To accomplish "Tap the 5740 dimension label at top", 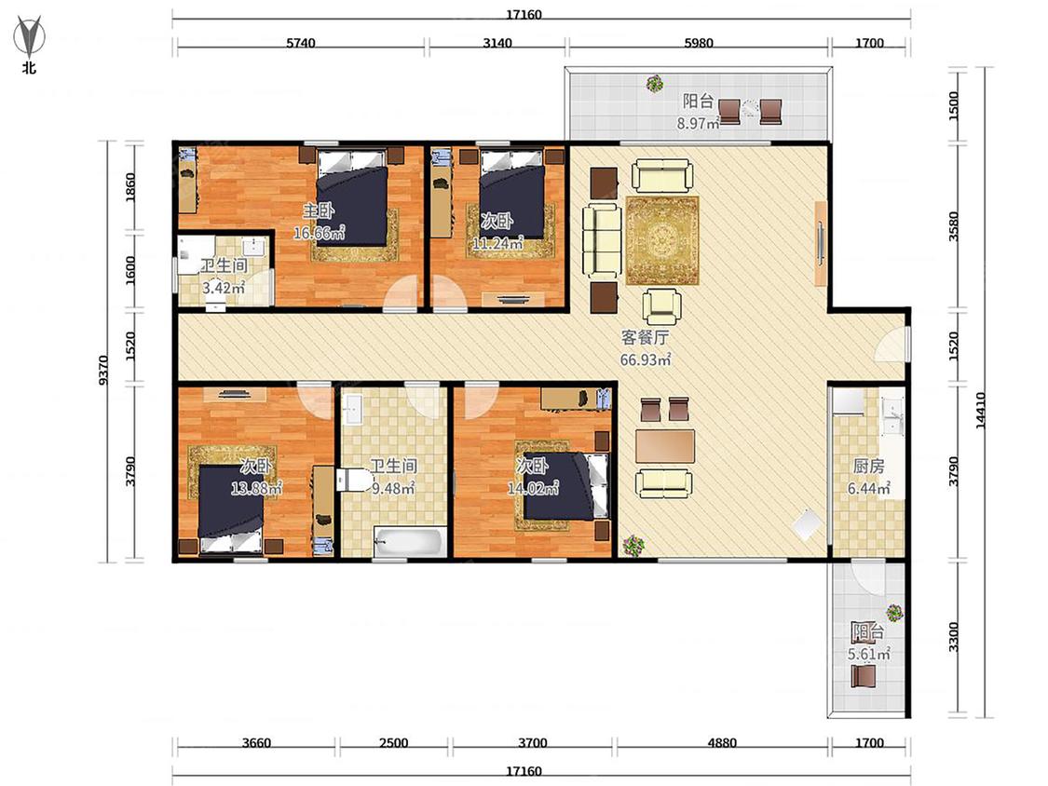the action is point(301,44).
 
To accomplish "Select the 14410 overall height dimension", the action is point(981,410).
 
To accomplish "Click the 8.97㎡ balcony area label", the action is point(698,123).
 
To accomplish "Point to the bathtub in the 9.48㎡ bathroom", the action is point(410,542).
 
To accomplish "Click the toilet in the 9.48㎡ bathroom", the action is point(353,480).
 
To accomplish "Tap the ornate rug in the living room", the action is point(662,240).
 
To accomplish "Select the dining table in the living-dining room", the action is point(665,446).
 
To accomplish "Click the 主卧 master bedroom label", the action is point(319,211).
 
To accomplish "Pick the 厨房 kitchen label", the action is point(868,466).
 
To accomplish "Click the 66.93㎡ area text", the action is point(645,359).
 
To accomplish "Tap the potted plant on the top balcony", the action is point(655,84).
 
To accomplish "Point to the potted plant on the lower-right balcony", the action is point(894,612).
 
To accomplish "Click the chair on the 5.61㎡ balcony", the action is point(863,676).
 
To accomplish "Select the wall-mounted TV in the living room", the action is point(821,244).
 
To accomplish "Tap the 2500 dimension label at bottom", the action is point(394,743).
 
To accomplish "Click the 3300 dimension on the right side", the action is point(954,637).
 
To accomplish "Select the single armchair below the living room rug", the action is point(661,306).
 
